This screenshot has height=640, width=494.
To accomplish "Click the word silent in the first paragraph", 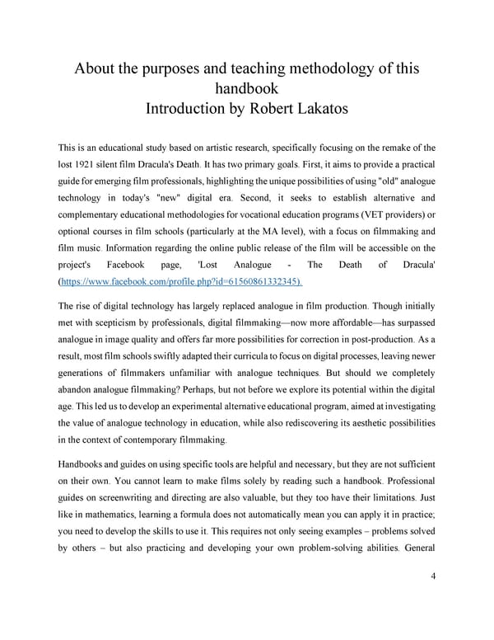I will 123,166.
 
